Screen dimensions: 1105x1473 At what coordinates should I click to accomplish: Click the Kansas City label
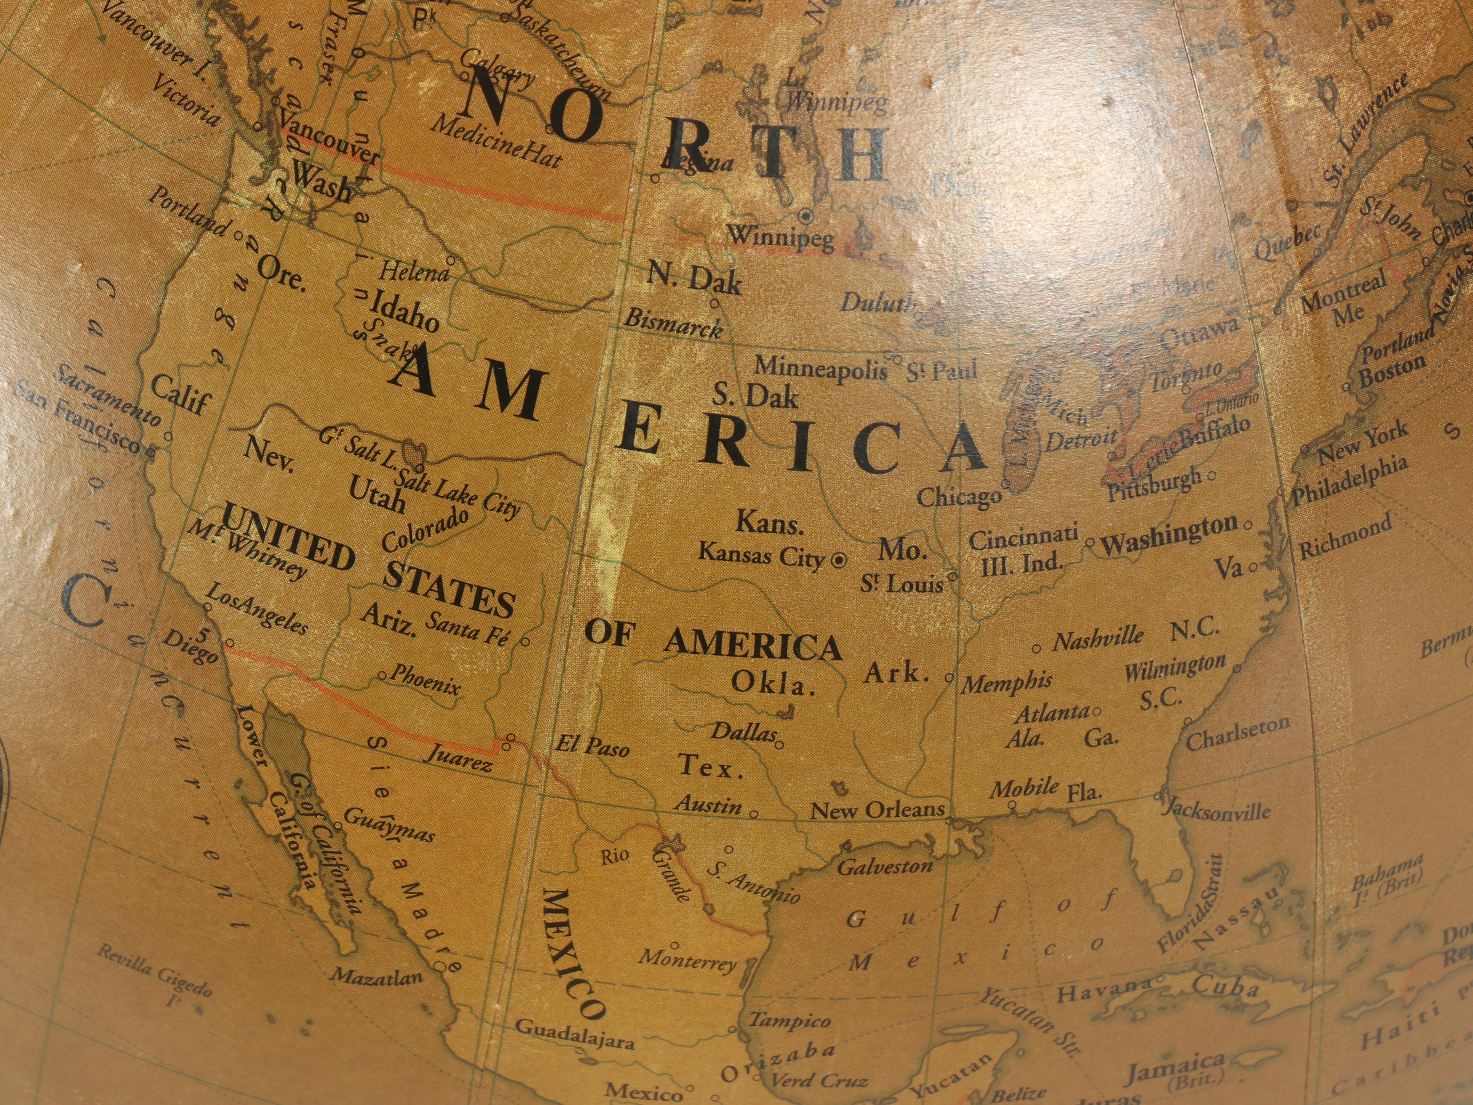[x=761, y=554]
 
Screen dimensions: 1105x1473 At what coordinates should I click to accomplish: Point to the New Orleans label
[x=877, y=810]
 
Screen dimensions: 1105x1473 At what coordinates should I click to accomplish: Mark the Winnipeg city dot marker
[x=805, y=215]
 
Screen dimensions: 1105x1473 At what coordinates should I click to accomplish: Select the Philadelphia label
[x=1351, y=482]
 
